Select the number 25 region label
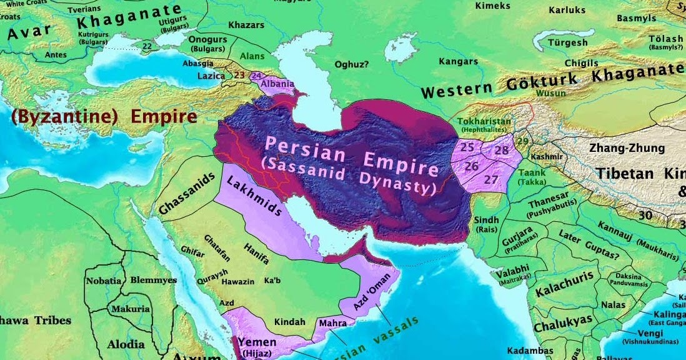[x=467, y=148]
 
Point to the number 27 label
[x=491, y=179]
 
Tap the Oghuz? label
[x=352, y=63]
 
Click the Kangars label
[x=458, y=61]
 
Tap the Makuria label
[x=130, y=309]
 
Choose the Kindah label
[x=290, y=322]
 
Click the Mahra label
[x=332, y=324]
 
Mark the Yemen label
[x=257, y=342]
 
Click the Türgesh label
[x=567, y=42]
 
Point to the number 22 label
[x=147, y=46]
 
